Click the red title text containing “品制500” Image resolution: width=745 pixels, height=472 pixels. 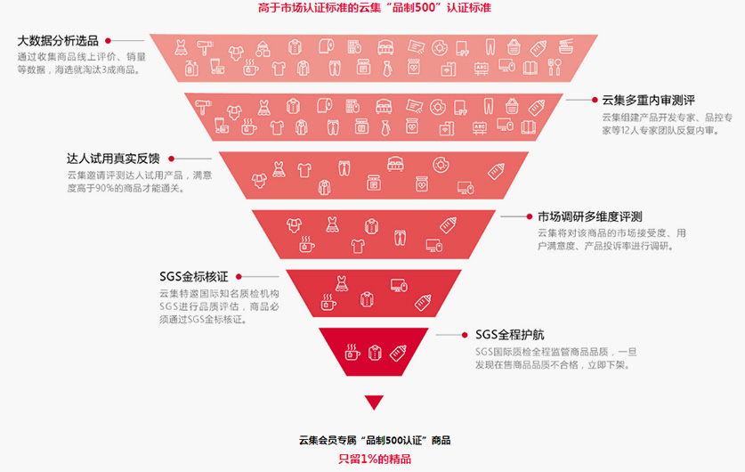[x=375, y=8]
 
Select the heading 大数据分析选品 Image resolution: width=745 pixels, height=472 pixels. [x=58, y=41]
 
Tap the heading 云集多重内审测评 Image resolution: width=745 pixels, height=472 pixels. [x=648, y=101]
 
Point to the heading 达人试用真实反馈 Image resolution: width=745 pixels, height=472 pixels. [x=113, y=159]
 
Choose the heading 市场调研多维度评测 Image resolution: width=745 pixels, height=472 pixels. [x=589, y=216]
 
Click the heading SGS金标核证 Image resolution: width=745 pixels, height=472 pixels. [x=194, y=277]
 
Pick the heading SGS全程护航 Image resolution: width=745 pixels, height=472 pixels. [x=509, y=335]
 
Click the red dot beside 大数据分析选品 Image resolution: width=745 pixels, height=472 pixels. [x=109, y=41]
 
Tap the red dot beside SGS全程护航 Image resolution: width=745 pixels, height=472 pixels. [x=465, y=335]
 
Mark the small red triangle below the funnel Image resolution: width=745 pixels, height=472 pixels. [x=374, y=401]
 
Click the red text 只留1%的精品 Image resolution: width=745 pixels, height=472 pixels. [x=375, y=459]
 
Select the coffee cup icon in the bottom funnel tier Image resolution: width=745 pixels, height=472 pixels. [x=352, y=352]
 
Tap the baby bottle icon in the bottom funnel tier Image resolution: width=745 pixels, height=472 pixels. [x=398, y=353]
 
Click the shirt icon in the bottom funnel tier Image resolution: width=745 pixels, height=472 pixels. [x=375, y=352]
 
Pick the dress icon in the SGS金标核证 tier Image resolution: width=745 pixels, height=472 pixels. [x=341, y=283]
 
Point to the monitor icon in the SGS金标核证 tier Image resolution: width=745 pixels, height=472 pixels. [x=399, y=285]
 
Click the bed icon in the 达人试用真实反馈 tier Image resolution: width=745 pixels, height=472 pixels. [x=395, y=164]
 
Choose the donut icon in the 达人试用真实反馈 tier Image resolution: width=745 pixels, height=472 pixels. [x=441, y=166]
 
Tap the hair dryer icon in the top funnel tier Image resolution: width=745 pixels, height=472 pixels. [x=206, y=47]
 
